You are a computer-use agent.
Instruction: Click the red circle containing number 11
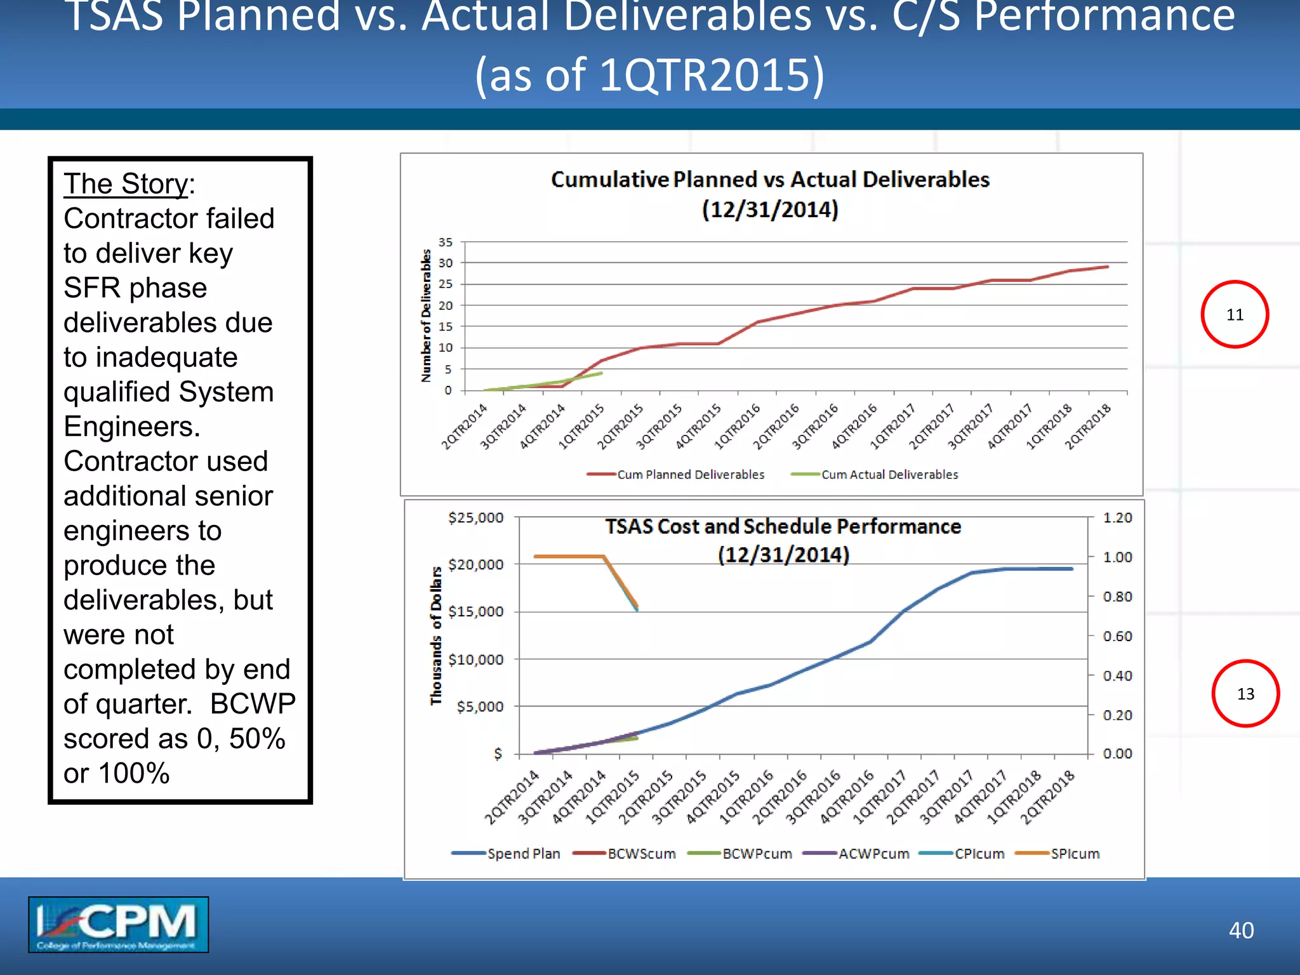click(1234, 314)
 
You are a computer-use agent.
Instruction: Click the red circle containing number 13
click(1245, 693)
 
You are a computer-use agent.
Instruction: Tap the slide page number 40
click(1240, 930)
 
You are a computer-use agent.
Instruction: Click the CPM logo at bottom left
click(118, 924)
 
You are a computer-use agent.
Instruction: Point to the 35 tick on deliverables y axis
click(445, 242)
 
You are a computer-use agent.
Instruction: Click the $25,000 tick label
click(475, 517)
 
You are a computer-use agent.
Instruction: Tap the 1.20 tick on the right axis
click(1117, 517)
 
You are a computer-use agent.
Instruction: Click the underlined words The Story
click(126, 184)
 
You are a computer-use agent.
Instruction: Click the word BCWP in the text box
click(253, 703)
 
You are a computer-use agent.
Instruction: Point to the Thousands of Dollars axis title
click(435, 635)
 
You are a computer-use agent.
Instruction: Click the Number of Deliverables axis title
click(426, 315)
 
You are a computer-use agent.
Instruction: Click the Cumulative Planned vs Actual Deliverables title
click(769, 180)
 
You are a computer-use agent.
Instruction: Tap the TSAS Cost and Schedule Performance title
click(782, 526)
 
